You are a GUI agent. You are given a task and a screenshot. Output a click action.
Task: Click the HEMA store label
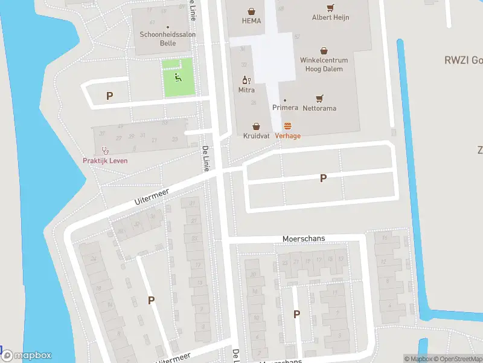(251, 21)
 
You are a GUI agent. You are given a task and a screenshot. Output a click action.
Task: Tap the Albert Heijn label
(330, 18)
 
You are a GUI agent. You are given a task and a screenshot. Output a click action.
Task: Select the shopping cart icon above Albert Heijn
(330, 8)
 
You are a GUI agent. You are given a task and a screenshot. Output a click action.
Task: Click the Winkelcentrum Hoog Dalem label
(324, 65)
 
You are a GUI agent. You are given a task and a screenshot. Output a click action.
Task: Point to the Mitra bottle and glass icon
(246, 79)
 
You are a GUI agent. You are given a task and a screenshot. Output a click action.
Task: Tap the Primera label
(285, 108)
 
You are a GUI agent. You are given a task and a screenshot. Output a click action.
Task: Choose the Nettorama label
(319, 108)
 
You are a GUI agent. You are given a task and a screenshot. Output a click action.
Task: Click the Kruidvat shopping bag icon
(257, 126)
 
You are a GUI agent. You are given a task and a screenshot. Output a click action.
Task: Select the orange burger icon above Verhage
(287, 126)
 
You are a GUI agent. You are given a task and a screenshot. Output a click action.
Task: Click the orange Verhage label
(287, 136)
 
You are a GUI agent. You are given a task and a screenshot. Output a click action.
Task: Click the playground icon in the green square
(178, 77)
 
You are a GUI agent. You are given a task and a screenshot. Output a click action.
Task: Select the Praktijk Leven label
(105, 160)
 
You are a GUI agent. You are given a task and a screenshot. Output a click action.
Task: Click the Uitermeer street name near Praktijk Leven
(152, 195)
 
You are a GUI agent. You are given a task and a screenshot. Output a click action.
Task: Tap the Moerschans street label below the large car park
(304, 238)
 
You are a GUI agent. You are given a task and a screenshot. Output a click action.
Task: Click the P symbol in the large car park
(323, 178)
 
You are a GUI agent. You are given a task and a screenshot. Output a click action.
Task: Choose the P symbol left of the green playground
(109, 96)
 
